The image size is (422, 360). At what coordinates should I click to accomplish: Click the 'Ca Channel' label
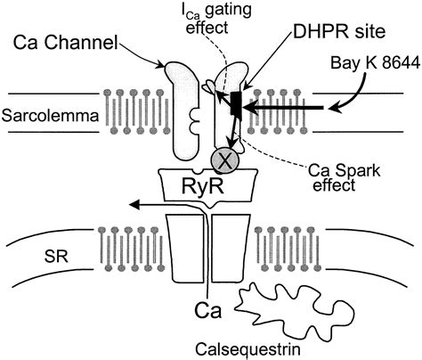pyautogui.click(x=66, y=43)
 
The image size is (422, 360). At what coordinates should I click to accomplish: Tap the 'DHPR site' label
pyautogui.click(x=339, y=31)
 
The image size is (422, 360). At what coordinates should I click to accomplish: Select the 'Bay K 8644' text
pyautogui.click(x=376, y=63)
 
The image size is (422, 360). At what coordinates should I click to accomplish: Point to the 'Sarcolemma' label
pyautogui.click(x=50, y=115)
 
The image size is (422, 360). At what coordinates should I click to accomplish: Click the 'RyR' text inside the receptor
pyautogui.click(x=203, y=185)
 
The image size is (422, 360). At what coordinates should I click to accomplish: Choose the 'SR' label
pyautogui.click(x=56, y=256)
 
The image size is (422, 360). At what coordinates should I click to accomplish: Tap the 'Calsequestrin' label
pyautogui.click(x=248, y=349)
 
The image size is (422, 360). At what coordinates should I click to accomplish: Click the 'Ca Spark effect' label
pyautogui.click(x=344, y=177)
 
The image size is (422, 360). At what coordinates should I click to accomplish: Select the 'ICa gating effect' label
pyautogui.click(x=216, y=19)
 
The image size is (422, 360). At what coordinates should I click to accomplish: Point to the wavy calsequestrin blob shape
pyautogui.click(x=294, y=310)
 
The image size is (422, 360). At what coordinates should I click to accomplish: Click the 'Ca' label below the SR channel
pyautogui.click(x=208, y=310)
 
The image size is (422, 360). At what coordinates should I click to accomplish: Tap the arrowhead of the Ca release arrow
pyautogui.click(x=134, y=204)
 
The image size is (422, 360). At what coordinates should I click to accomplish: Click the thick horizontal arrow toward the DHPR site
pyautogui.click(x=283, y=108)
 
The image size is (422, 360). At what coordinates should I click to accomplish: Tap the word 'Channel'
pyautogui.click(x=81, y=43)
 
